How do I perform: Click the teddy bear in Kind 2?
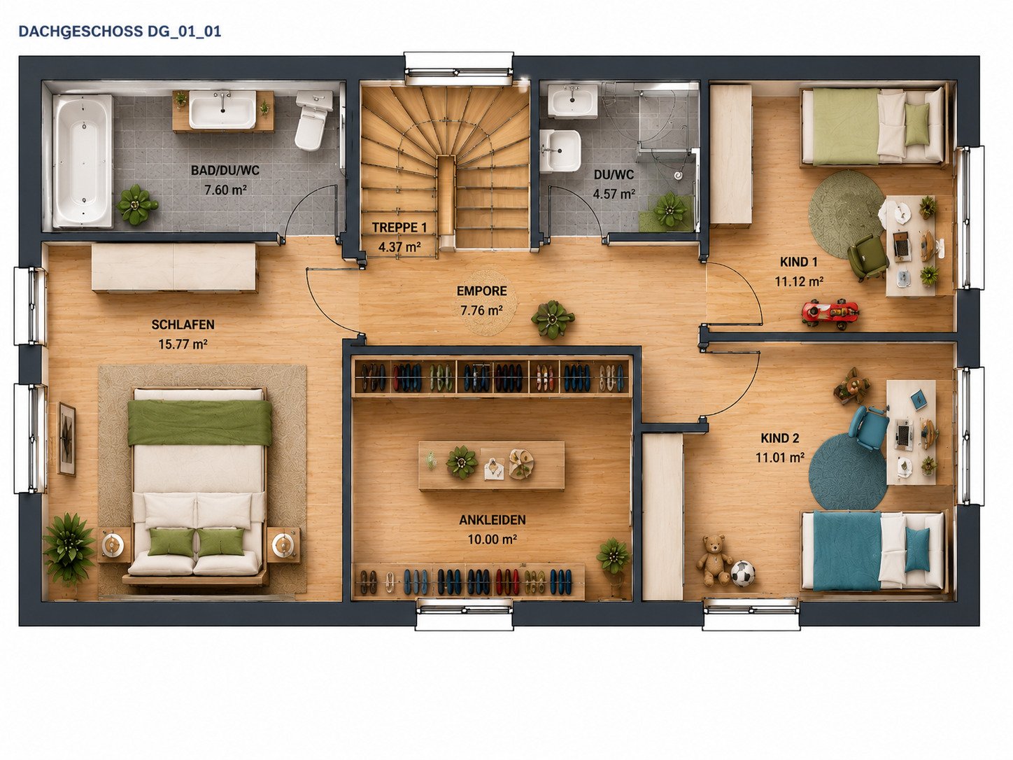tap(714, 559)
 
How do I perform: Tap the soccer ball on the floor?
tap(743, 574)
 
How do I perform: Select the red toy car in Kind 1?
tap(830, 313)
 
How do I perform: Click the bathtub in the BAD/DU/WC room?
tap(82, 161)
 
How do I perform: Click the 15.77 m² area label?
tap(183, 344)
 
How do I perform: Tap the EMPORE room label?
tap(482, 291)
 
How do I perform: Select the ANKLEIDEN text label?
tap(492, 520)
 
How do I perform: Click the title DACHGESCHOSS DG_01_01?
tap(120, 31)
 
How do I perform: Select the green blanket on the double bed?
tap(199, 423)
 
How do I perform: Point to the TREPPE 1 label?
tap(399, 227)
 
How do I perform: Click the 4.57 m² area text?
tap(614, 194)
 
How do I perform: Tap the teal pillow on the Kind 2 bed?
tap(917, 549)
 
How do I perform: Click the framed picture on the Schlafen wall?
tap(67, 439)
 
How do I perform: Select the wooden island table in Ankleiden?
tap(491, 465)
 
